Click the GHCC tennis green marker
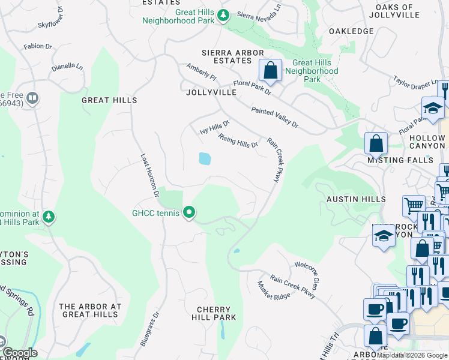pos(189,212)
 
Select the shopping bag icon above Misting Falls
pos(376,144)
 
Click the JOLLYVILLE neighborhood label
pos(211,92)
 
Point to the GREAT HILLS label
pos(109,100)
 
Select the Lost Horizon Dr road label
pos(149,175)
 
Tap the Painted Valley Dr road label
pos(275,117)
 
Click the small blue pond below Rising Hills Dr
pos(205,158)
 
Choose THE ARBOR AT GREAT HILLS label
pos(90,310)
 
